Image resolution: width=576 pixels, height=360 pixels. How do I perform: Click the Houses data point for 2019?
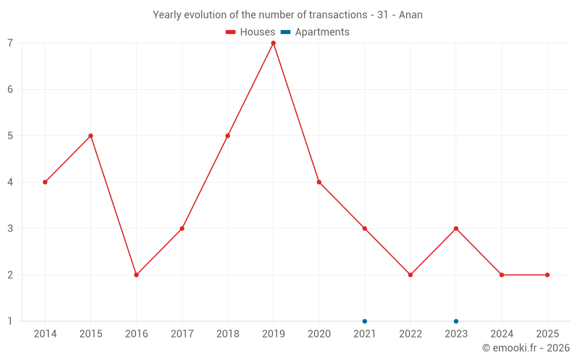274,43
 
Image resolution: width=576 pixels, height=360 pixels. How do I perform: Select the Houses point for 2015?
91,136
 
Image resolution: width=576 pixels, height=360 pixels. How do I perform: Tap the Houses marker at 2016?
137,275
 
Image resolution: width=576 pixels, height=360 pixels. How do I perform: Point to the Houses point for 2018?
228,136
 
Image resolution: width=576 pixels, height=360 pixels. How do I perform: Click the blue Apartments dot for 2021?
365,321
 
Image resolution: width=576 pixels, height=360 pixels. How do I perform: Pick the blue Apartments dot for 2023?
456,321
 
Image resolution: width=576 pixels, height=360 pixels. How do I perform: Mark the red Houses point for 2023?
456,229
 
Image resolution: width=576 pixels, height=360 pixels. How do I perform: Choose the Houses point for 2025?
547,275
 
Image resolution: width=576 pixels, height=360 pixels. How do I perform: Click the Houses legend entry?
251,32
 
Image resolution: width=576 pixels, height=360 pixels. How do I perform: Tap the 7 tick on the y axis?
10,43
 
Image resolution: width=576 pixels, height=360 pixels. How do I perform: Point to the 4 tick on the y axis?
10,182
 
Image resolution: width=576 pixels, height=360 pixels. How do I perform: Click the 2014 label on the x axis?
45,334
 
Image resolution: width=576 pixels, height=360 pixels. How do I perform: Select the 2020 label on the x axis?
319,334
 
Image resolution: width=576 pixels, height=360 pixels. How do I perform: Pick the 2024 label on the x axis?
502,334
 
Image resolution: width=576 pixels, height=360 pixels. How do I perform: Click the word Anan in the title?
411,15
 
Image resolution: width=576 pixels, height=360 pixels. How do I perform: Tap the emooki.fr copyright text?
526,348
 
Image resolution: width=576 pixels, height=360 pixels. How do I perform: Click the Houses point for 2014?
45,182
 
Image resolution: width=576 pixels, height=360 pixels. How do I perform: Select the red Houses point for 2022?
410,275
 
